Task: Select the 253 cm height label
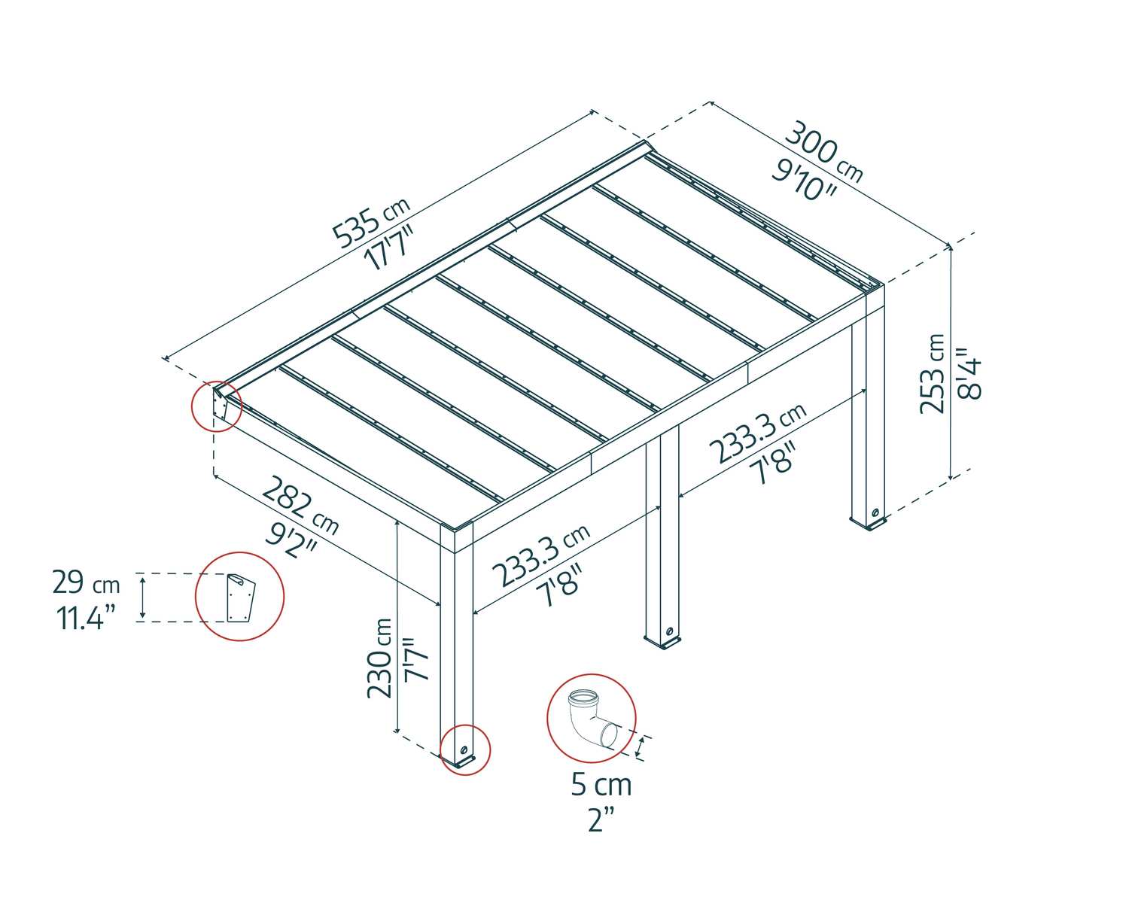tap(933, 374)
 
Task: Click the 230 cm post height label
tap(379, 658)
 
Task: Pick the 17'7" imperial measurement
tap(389, 248)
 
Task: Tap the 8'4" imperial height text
tap(969, 373)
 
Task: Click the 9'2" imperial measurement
tap(291, 541)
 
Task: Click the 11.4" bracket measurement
tap(85, 618)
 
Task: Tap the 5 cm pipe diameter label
tap(601, 785)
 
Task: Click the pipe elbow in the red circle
tap(593, 720)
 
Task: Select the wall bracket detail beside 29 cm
tap(241, 599)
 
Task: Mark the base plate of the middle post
tap(664, 641)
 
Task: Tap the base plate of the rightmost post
tap(869, 523)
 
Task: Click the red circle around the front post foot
tap(465, 749)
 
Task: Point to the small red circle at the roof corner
tap(216, 406)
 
